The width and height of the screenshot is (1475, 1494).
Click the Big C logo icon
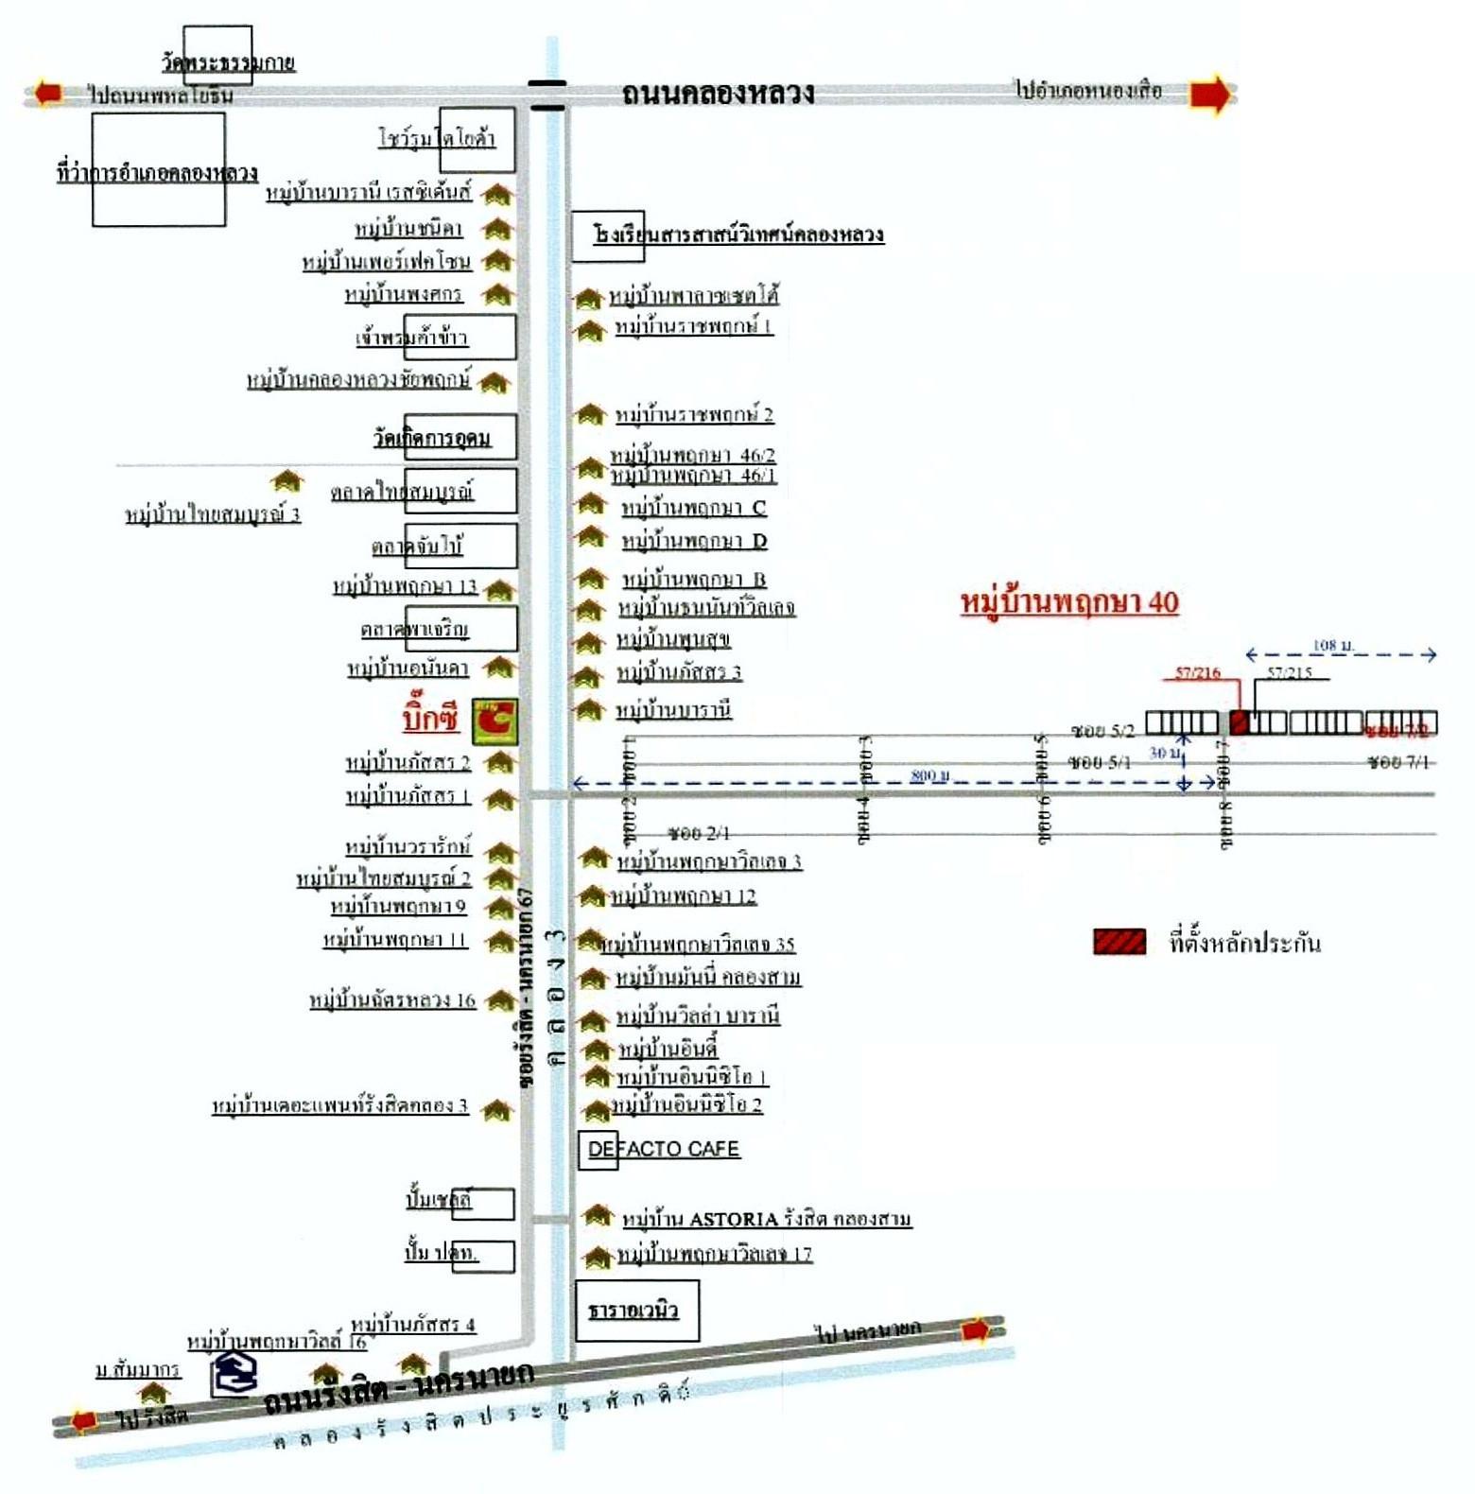pos(495,721)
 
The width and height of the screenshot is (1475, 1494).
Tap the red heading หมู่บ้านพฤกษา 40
pos(1069,602)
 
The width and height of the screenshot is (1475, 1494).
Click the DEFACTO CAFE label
pos(663,1149)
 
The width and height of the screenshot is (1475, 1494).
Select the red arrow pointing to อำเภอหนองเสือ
pos(1211,95)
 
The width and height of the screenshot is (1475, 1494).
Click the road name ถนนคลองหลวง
pos(718,93)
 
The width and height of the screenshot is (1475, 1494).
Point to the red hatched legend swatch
pos(1119,942)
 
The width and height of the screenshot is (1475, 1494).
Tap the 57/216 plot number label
pos(1197,672)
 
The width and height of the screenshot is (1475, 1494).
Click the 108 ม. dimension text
pos(1332,645)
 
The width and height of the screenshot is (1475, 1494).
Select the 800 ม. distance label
pos(929,774)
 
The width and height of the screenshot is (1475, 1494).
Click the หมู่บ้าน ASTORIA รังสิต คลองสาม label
pos(766,1219)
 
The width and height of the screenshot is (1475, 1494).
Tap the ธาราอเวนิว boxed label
pos(633,1311)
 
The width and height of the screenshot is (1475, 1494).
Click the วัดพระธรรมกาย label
pos(228,62)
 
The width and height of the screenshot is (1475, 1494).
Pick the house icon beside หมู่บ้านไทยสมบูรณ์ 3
pos(287,481)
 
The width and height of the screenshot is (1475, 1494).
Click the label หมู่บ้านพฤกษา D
pos(694,541)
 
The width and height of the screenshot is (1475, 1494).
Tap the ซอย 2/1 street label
pos(698,833)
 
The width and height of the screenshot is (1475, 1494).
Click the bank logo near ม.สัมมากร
pos(234,1374)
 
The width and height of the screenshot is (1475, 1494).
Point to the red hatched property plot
pos(1240,722)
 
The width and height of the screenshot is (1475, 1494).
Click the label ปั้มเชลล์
pos(439,1199)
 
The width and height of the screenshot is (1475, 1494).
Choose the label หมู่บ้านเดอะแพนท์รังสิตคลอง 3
pos(339,1105)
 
